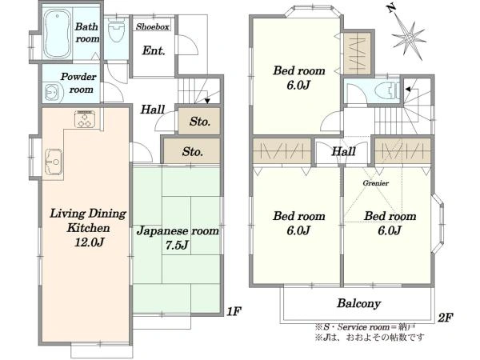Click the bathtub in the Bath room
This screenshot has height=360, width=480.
[58, 34]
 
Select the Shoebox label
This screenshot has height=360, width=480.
[153, 27]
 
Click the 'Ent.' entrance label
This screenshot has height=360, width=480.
[154, 50]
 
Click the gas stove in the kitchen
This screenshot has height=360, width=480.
[85, 118]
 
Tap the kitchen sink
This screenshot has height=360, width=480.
[54, 162]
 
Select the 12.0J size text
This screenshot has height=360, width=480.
[89, 242]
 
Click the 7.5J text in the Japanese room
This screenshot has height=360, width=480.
[177, 245]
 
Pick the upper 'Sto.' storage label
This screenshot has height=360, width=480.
[199, 122]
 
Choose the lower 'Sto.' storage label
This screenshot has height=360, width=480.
[192, 151]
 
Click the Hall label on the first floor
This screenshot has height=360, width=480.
[153, 110]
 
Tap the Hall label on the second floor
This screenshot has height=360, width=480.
[343, 151]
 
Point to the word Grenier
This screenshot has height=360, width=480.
[376, 183]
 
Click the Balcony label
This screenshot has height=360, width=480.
[358, 303]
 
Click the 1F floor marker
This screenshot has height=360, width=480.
[234, 311]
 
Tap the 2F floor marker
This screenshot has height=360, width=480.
[445, 318]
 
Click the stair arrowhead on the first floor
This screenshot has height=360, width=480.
[207, 101]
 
